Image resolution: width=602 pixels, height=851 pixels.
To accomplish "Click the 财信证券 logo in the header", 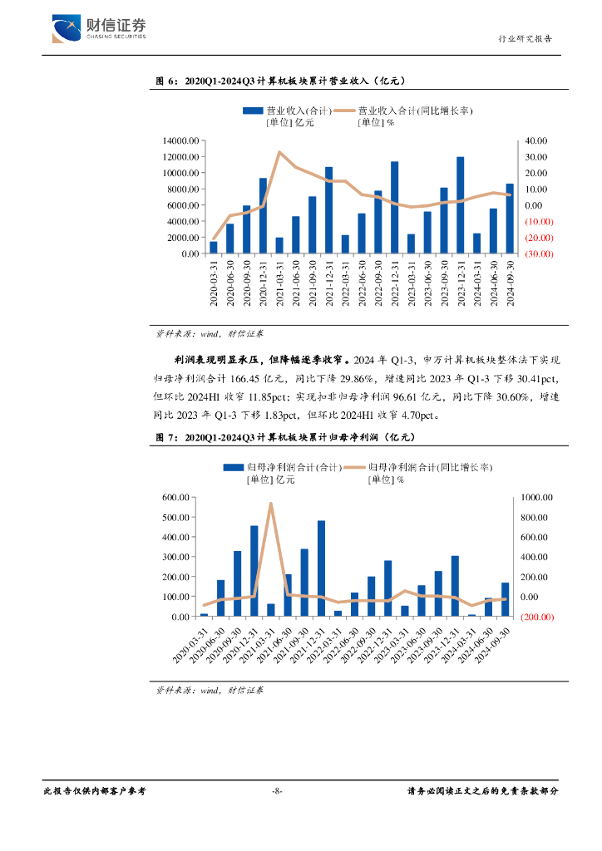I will [99, 28].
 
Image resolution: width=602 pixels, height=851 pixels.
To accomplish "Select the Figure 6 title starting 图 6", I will [281, 81].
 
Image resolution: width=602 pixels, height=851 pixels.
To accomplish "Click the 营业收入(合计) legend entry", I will [287, 111].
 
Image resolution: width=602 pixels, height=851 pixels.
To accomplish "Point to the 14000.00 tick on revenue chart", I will [180, 140].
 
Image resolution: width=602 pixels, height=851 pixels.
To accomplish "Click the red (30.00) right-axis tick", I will [538, 253].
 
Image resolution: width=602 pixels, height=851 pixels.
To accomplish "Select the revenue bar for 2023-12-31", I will [460, 205].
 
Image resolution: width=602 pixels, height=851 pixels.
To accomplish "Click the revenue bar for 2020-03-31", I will [214, 248].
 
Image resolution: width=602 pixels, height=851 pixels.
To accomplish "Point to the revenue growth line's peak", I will [279, 152].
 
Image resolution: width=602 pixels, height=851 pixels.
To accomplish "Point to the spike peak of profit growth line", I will [271, 504].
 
